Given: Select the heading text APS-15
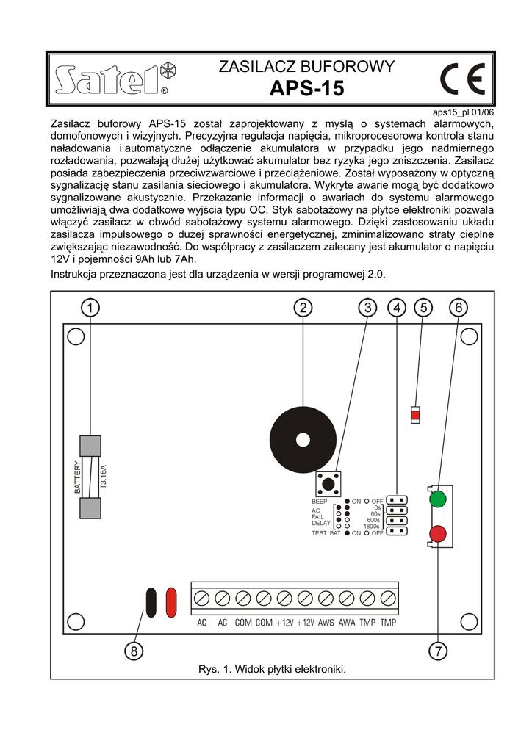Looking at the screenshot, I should [x=306, y=89].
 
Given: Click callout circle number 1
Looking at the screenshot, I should [x=88, y=308].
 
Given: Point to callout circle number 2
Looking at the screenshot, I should [x=303, y=308].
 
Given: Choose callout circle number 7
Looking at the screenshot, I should [x=438, y=650].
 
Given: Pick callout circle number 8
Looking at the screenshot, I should [x=134, y=650].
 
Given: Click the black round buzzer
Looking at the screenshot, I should [x=302, y=441].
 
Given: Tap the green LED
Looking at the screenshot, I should [x=437, y=499].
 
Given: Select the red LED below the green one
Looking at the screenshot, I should [x=438, y=534].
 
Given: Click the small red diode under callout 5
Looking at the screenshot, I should [x=416, y=416].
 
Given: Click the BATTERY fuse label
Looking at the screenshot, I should [x=77, y=477].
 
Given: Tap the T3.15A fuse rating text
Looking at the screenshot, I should [x=104, y=477].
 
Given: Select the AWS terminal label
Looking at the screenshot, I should [x=326, y=623].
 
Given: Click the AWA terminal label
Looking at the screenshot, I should [x=347, y=623].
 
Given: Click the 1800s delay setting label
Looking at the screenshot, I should [x=372, y=526].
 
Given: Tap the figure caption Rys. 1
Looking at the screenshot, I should [x=272, y=669].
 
